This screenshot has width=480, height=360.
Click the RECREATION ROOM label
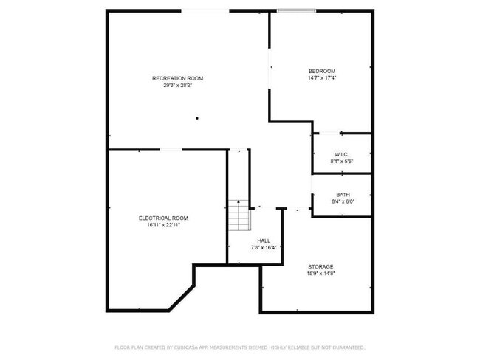point(177,78)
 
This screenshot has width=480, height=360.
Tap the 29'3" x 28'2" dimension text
point(177,85)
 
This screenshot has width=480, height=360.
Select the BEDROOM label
point(322,71)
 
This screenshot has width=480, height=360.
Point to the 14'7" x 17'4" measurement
point(322,77)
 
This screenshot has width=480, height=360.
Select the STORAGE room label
point(320,266)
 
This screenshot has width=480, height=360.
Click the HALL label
point(264,240)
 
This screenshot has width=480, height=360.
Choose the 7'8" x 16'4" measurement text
point(264,247)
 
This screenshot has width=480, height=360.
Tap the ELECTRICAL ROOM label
point(163,218)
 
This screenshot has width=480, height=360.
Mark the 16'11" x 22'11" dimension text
point(163,225)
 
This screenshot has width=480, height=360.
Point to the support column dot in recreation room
point(197,118)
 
